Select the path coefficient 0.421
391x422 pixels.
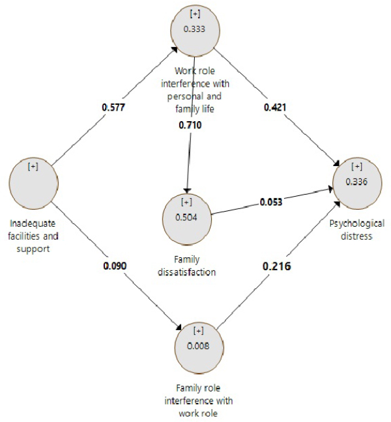(274, 107)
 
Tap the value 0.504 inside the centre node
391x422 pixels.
(186, 218)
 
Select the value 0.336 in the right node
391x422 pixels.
(357, 182)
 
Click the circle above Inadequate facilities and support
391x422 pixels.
(33, 183)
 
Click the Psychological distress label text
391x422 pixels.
(357, 229)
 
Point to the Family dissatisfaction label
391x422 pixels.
(188, 266)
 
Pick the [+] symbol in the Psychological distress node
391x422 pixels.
(357, 167)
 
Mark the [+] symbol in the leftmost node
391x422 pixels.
(33, 167)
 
